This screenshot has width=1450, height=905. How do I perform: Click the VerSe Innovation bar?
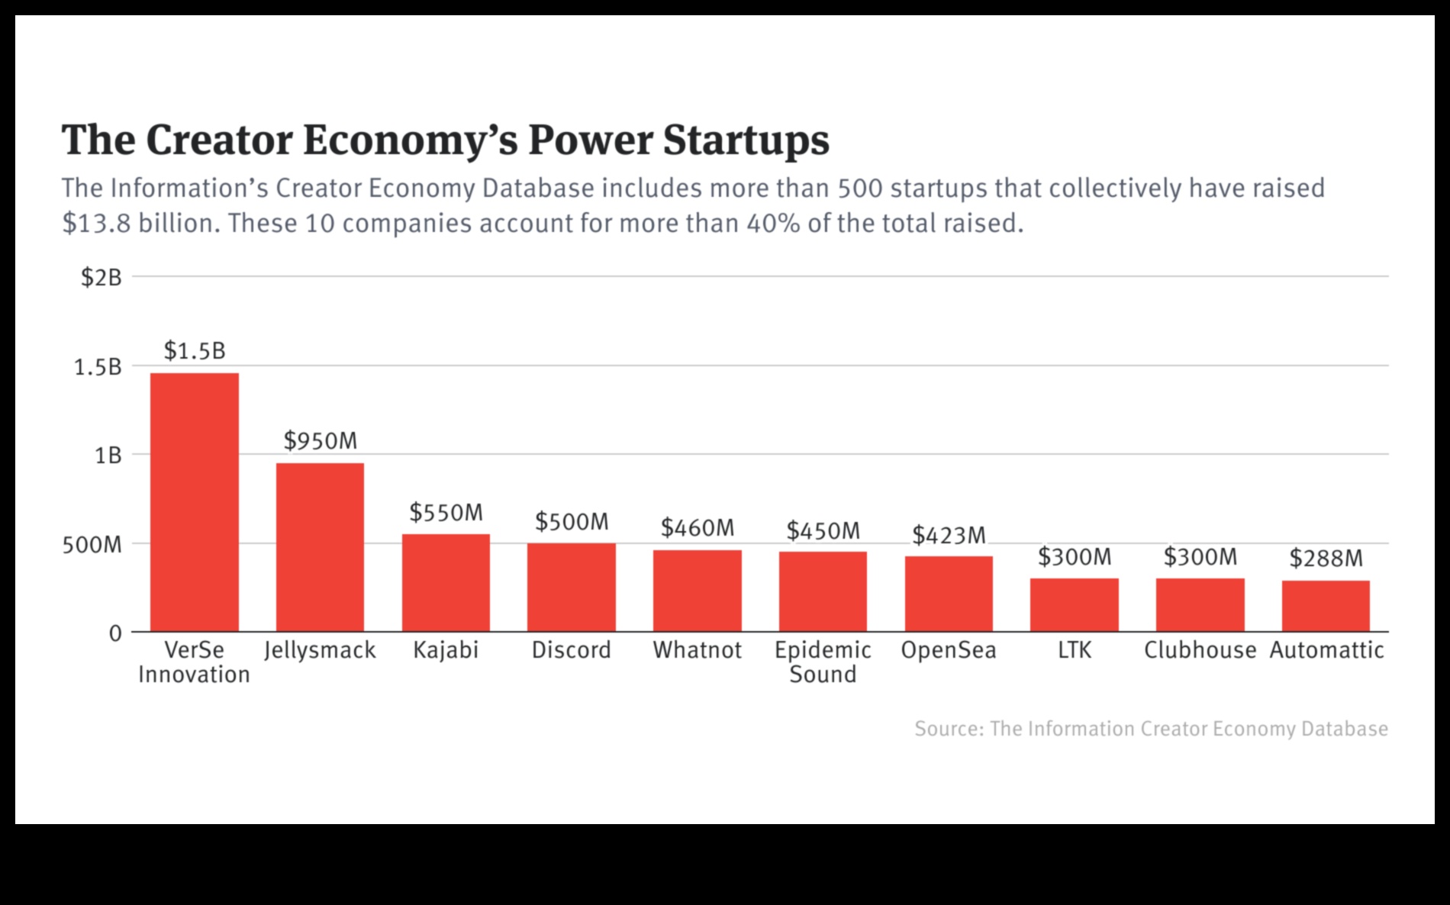(x=194, y=502)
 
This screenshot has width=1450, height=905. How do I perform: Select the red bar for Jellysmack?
(x=320, y=547)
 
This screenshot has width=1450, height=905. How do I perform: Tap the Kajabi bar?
(x=446, y=582)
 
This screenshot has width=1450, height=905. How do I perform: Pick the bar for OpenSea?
(x=949, y=594)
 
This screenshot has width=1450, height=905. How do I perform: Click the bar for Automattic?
(x=1326, y=606)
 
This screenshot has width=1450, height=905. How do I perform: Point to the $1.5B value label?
(x=195, y=351)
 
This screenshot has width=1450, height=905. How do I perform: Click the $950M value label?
(x=320, y=441)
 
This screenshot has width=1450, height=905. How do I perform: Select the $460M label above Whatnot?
(x=697, y=528)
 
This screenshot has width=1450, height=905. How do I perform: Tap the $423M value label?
(x=949, y=536)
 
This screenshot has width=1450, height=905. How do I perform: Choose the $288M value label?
(x=1326, y=559)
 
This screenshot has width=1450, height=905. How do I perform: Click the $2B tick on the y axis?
(x=101, y=278)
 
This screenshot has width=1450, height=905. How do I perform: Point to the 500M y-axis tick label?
(x=92, y=545)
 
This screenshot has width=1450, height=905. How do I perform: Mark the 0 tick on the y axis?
(x=115, y=633)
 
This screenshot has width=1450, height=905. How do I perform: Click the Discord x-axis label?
(x=571, y=650)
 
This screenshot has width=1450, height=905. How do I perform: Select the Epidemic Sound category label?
(x=823, y=662)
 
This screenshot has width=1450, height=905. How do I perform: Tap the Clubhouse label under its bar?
(x=1200, y=650)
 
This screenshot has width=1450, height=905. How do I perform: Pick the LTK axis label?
(x=1075, y=650)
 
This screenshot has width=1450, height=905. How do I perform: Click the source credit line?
(x=1151, y=729)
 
